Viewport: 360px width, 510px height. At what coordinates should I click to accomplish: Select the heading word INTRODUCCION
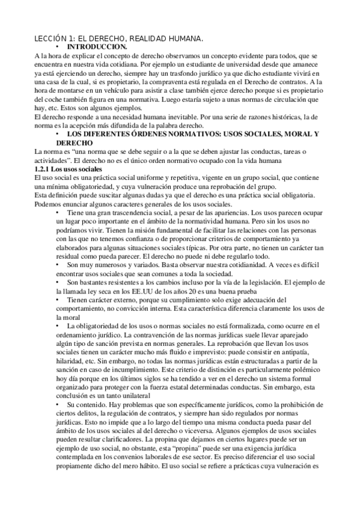pyautogui.click(x=97, y=46)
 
